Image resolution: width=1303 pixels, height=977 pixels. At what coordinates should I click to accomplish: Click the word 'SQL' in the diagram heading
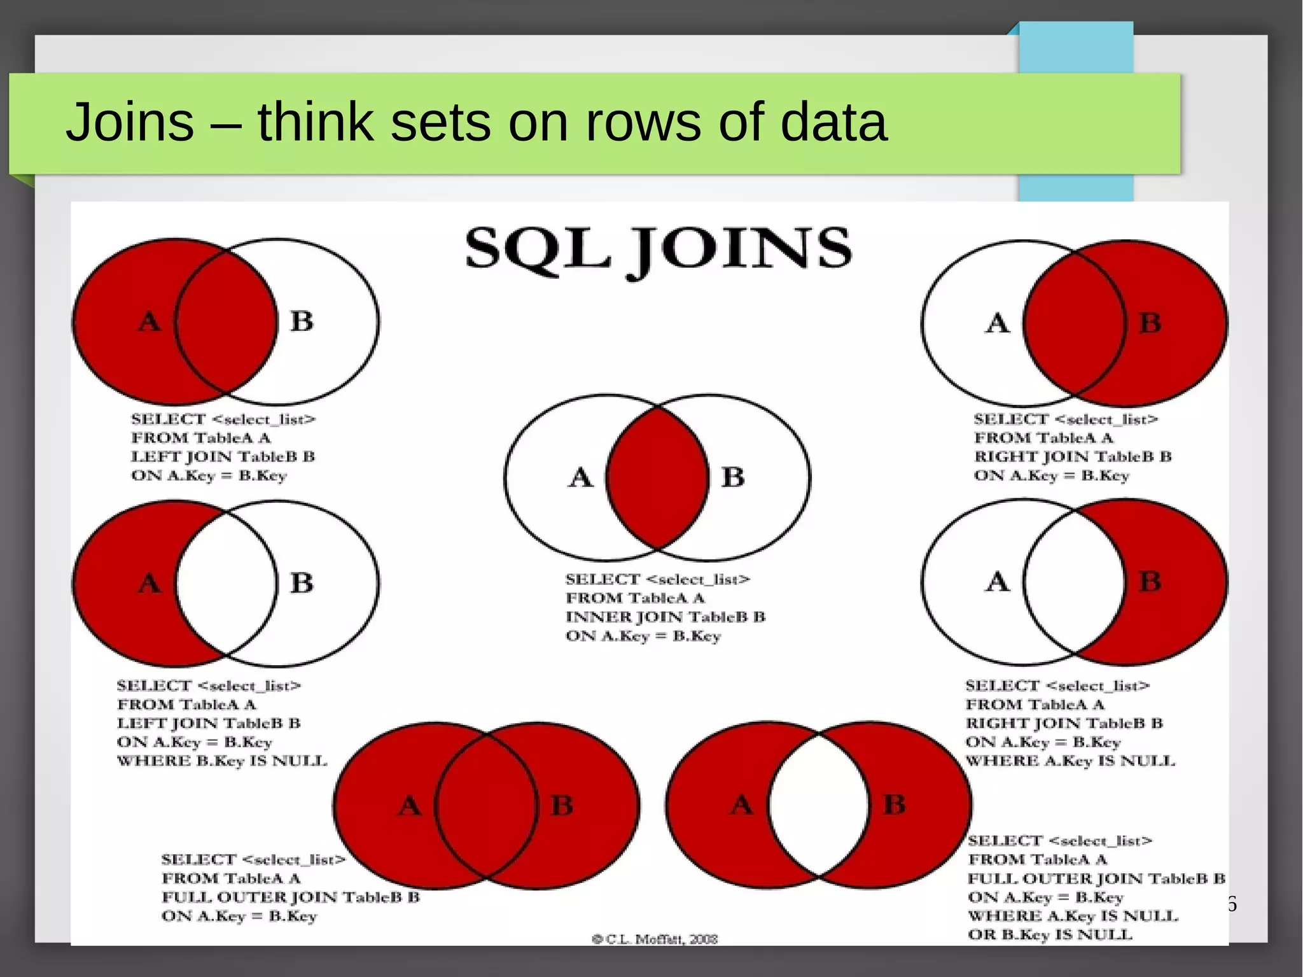pos(537,248)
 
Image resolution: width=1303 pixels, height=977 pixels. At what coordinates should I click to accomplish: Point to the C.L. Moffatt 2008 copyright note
pos(655,939)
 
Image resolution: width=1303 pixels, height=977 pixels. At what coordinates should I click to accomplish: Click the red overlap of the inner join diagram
pos(657,477)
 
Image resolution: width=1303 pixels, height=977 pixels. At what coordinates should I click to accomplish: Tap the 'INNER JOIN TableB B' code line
pos(665,617)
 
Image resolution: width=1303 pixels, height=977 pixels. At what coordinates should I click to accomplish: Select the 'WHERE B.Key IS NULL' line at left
pos(221,761)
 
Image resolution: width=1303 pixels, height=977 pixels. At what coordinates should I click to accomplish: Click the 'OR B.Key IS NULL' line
pos(1050,935)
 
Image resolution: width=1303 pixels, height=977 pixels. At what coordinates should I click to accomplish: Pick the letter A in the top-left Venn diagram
pos(150,321)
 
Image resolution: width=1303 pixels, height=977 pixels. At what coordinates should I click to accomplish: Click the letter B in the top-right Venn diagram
pos(1150,323)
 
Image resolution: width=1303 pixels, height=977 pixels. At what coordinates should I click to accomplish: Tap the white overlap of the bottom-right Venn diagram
pos(819,805)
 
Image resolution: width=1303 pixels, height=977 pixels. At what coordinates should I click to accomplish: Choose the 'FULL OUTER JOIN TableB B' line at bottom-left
pos(291,897)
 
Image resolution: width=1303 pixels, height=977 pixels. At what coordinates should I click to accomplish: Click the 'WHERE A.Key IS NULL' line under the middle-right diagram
pos(1070,761)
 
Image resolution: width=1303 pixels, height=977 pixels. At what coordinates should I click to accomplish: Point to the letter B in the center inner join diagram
pos(733,477)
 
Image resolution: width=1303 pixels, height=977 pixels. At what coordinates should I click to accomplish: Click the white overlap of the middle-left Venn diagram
pos(226,582)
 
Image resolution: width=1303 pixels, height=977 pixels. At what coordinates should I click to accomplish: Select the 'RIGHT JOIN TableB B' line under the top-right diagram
pos(1073,457)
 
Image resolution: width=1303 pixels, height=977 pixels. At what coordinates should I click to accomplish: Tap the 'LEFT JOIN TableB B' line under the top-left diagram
pos(223,457)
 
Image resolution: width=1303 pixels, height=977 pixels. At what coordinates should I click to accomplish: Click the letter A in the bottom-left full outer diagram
pos(410,806)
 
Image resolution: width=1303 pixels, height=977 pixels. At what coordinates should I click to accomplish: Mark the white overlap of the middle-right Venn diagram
pos(1075,581)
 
